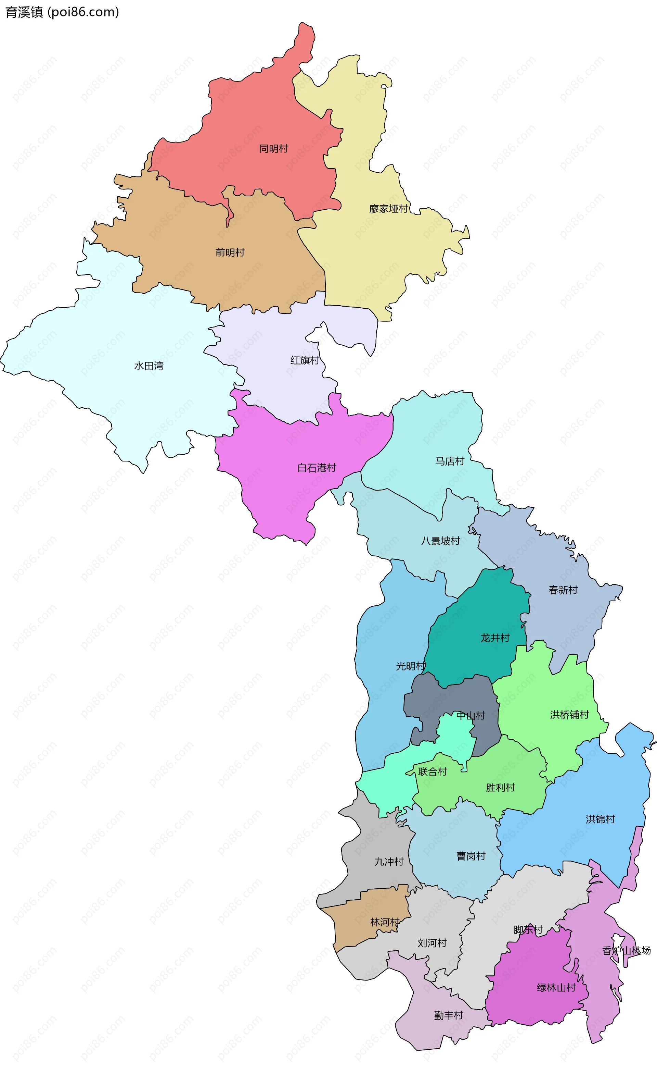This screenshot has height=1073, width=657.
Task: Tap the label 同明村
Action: pos(273,148)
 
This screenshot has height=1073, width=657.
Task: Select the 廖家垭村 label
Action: pos(388,209)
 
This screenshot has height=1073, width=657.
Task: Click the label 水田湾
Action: pos(149,366)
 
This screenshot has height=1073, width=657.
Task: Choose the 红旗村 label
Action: pos(305,360)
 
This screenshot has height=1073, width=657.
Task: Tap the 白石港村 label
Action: pos(317,468)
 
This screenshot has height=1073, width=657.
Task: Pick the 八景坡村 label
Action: pos(440,541)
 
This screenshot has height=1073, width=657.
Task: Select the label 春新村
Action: pos(563,590)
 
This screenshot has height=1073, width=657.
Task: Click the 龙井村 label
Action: pos(495,638)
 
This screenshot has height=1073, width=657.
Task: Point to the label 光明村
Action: pos(410,666)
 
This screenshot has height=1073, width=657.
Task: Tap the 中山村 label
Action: pos(471,715)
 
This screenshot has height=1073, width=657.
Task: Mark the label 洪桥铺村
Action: pos(569,715)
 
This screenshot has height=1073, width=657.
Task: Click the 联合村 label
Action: pos(433,772)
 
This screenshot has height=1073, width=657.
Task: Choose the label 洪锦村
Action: pos(601,819)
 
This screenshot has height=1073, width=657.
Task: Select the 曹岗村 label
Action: pos(471,856)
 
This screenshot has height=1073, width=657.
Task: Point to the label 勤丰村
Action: pos(449,1015)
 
